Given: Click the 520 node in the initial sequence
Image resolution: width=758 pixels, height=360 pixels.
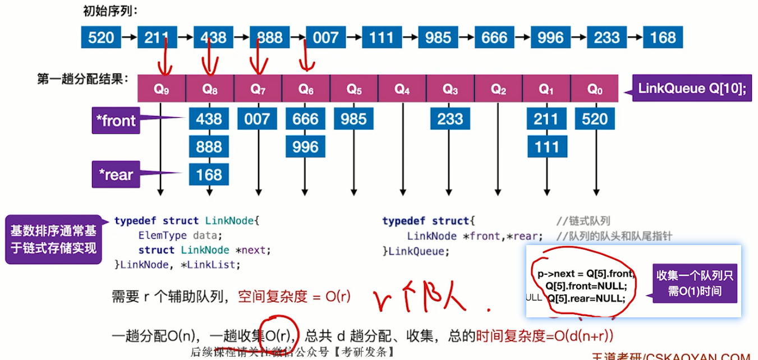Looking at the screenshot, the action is pyautogui.click(x=101, y=38).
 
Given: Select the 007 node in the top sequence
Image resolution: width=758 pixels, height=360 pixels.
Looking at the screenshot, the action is pyautogui.click(x=325, y=38).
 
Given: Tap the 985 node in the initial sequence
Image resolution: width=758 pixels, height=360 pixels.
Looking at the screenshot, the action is pyautogui.click(x=438, y=38).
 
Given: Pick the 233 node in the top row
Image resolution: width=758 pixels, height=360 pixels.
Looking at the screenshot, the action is pyautogui.click(x=607, y=38).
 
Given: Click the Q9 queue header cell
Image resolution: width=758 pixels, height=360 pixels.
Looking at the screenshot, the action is pyautogui.click(x=162, y=89).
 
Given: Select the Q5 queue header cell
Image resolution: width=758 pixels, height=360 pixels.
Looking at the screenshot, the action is pyautogui.click(x=354, y=89).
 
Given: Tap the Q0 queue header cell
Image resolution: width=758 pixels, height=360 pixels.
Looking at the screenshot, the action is pyautogui.click(x=595, y=89).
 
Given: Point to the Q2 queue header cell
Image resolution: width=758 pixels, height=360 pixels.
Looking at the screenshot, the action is pyautogui.click(x=498, y=89).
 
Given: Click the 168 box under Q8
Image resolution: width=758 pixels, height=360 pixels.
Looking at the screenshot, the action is pyautogui.click(x=209, y=174).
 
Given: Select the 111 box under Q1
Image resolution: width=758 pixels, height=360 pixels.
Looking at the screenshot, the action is pyautogui.click(x=547, y=147).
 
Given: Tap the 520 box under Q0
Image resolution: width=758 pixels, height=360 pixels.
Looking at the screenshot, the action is pyautogui.click(x=595, y=119).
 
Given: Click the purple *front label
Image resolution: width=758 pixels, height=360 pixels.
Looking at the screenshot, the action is pyautogui.click(x=116, y=121).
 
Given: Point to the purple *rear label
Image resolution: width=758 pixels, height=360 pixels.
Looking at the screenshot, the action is pyautogui.click(x=116, y=175).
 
